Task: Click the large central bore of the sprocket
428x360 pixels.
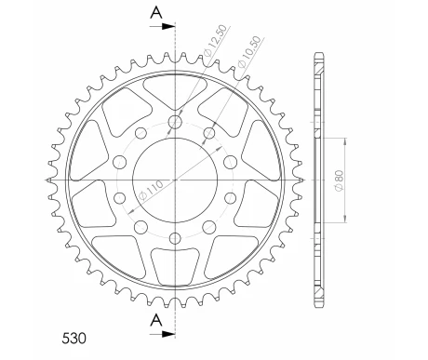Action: pos(176,177)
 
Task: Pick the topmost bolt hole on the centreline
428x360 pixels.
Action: pos(176,122)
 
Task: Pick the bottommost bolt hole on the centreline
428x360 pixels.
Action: pos(176,232)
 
